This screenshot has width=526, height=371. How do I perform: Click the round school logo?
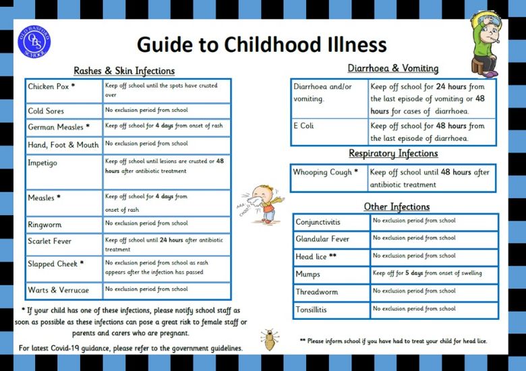point(33,40)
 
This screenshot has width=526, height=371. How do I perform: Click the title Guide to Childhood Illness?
point(262,45)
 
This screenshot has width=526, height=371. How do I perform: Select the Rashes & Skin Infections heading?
point(123,71)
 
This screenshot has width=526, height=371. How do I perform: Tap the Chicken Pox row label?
point(51,87)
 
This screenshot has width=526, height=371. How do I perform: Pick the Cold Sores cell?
point(46,111)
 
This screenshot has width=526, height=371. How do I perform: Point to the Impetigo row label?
point(44,163)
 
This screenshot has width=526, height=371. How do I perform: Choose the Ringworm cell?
point(46,225)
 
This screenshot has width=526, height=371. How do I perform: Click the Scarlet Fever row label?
point(50,241)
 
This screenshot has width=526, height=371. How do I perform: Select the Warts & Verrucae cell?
point(58,290)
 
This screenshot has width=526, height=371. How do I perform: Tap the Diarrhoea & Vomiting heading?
point(392,69)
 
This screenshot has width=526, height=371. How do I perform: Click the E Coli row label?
point(303,126)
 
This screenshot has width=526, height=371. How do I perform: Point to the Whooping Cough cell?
point(326,173)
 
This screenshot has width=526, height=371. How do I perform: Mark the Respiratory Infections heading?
point(392,154)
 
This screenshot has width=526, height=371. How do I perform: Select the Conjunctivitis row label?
point(318,222)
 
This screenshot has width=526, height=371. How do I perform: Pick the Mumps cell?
point(308,275)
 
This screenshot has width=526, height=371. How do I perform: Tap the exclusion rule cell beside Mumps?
point(428,274)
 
